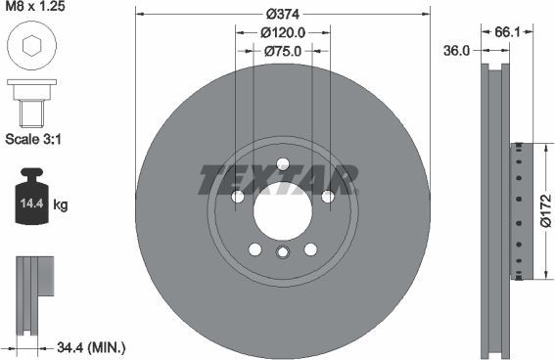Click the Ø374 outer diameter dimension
[282, 13]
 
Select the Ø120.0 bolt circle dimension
[283, 32]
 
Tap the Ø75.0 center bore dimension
[283, 53]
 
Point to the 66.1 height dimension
[506, 32]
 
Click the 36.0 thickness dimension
[456, 50]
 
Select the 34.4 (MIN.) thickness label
[90, 347]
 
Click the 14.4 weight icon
[33, 202]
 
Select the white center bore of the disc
[283, 208]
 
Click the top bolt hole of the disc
[283, 164]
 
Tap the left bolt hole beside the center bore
[238, 197]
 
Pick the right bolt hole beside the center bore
[328, 197]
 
